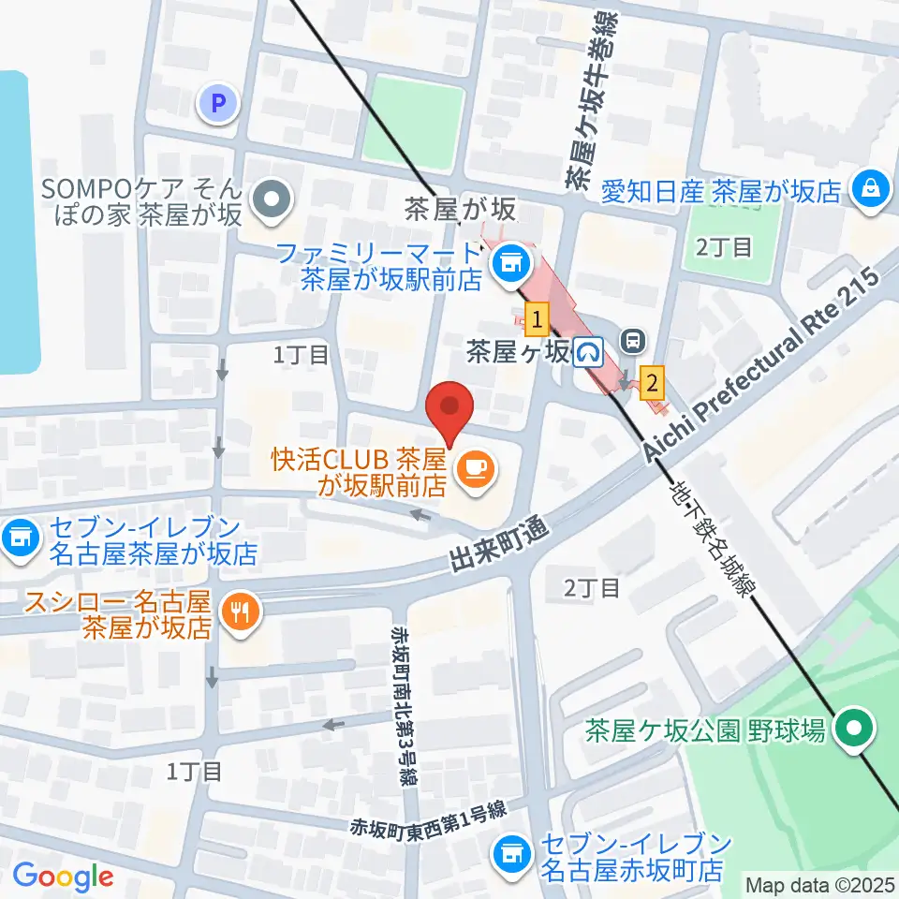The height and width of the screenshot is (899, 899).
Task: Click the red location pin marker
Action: [x=449, y=412]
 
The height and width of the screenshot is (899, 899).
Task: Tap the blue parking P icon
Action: [x=220, y=104]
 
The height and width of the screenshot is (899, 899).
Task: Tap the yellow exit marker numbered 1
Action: [x=537, y=320]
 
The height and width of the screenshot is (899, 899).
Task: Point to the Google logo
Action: [x=63, y=877]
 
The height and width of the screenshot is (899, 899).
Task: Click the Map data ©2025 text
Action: [x=820, y=883]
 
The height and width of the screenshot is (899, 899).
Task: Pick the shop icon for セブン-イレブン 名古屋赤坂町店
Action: [x=510, y=853]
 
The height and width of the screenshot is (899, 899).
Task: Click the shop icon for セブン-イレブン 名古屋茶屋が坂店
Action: [x=19, y=538]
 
